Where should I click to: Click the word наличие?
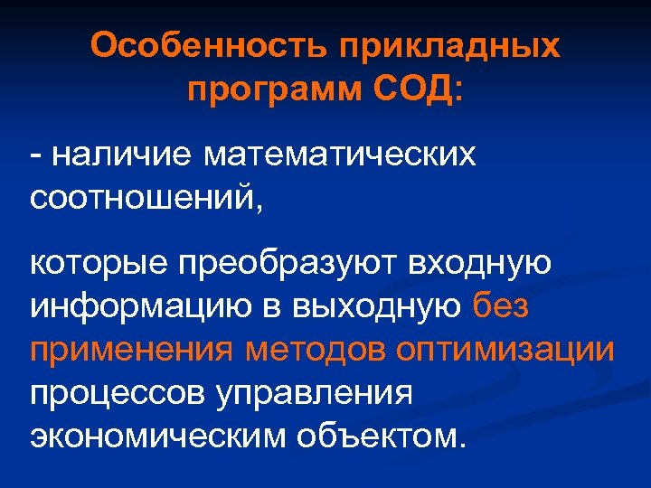tap(121, 155)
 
